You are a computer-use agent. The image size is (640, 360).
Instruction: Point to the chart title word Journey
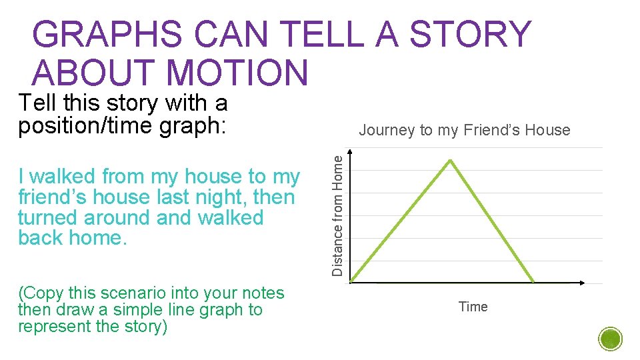387,131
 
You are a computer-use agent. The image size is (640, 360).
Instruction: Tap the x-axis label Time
473,307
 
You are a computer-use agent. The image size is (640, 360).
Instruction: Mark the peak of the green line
451,160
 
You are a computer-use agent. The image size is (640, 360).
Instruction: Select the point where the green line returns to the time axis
534,282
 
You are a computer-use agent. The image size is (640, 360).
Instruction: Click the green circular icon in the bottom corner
610,339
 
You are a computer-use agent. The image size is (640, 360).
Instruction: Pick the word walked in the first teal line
63,177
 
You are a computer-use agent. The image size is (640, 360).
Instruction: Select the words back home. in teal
73,239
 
